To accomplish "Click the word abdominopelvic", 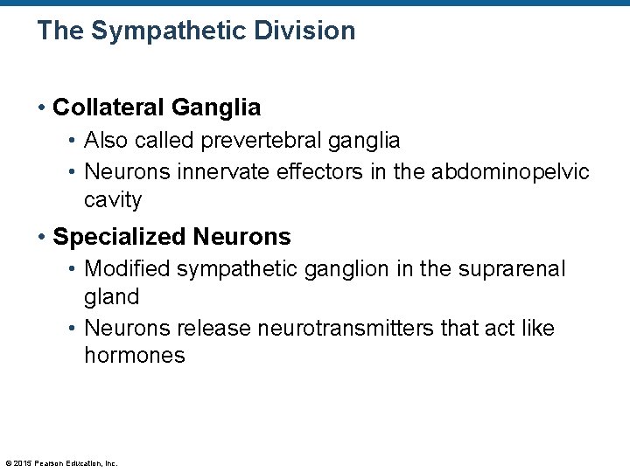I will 510,171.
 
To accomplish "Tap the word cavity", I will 112,200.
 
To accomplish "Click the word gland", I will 111,297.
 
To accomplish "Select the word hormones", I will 134,356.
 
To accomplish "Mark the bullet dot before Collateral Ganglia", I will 41,108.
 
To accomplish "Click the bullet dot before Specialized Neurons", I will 41,237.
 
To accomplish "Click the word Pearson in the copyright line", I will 49,463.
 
